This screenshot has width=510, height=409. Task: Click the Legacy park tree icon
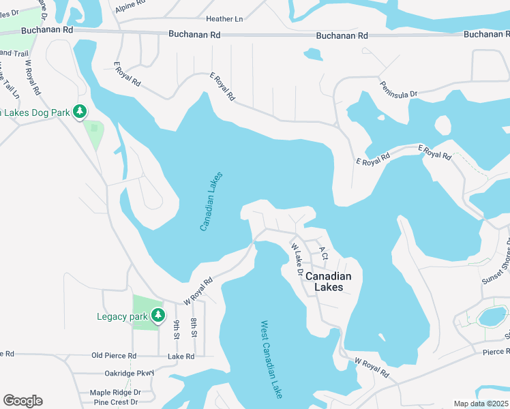158,315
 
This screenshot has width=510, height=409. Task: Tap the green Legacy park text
122,316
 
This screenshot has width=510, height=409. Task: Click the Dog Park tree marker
80,111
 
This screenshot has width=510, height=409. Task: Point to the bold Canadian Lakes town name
328,282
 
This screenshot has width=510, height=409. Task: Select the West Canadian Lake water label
271,359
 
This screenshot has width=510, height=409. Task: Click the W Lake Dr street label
297,259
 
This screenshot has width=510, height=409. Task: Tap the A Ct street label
323,254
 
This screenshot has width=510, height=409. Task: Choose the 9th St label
177,329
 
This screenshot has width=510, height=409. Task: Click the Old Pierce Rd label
114,356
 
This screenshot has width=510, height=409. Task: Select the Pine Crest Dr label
112,403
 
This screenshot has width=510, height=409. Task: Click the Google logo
22,401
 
